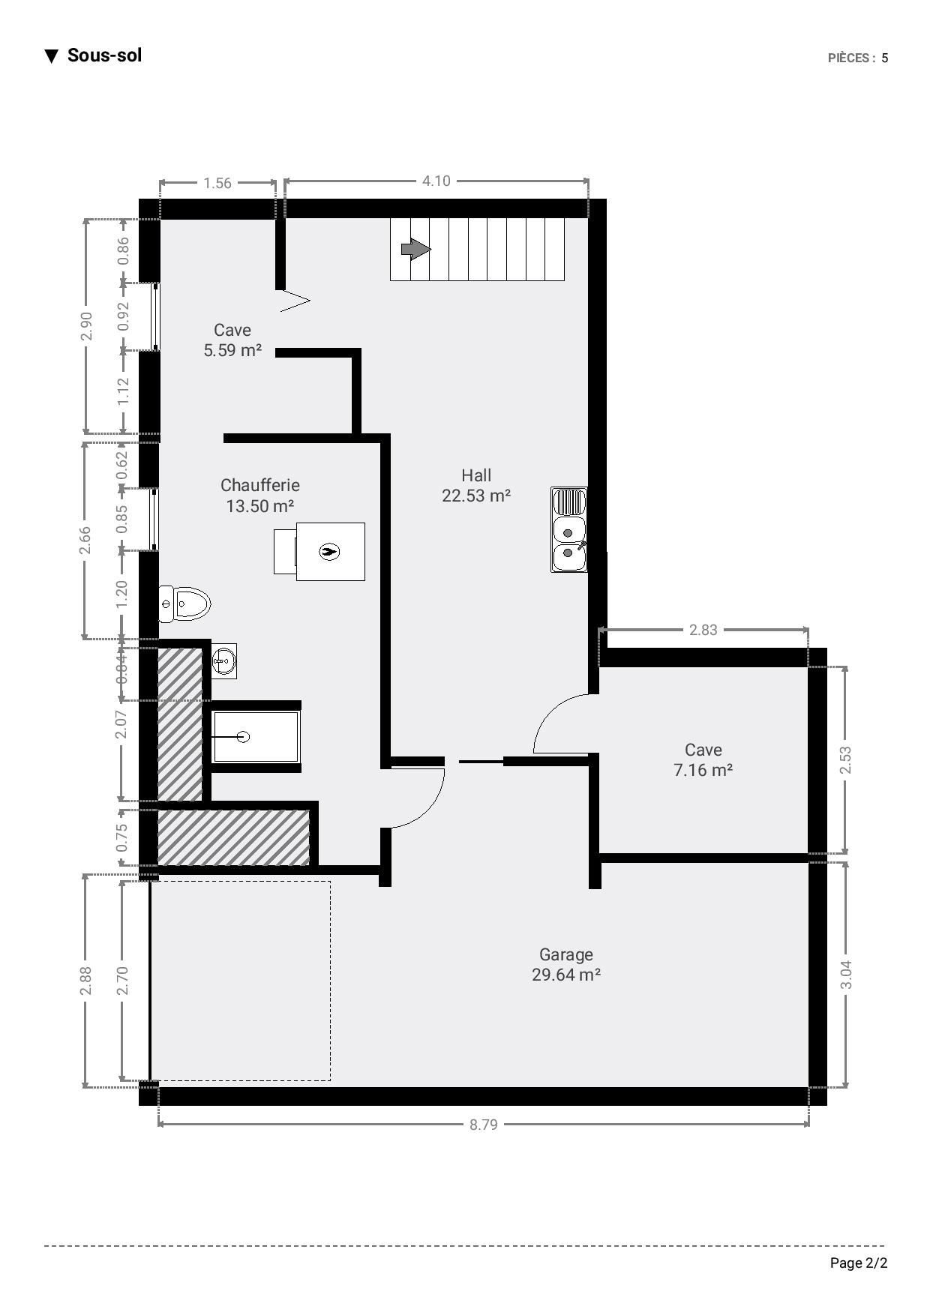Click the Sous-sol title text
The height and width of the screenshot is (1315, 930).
(x=104, y=55)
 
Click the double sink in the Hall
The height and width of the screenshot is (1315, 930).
(x=569, y=529)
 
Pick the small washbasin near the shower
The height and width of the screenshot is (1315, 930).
(x=224, y=660)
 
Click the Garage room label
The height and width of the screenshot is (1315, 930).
(x=566, y=965)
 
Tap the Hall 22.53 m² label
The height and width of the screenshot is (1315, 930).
(x=476, y=485)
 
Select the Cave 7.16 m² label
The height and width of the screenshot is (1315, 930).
(x=703, y=759)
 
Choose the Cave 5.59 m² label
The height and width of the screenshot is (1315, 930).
(x=232, y=340)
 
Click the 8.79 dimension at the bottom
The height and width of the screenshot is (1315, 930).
(x=484, y=1125)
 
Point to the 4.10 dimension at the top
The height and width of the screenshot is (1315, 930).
(x=436, y=181)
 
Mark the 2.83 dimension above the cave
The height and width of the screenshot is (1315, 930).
(x=703, y=630)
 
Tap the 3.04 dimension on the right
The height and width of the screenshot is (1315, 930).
(x=846, y=975)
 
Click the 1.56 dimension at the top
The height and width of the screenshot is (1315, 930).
(x=217, y=183)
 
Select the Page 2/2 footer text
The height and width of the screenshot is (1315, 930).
(x=859, y=1263)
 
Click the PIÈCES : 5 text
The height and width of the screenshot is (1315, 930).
(x=858, y=58)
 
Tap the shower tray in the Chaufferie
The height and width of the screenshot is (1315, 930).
(x=256, y=737)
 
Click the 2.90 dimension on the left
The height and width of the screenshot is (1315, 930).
(x=87, y=326)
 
